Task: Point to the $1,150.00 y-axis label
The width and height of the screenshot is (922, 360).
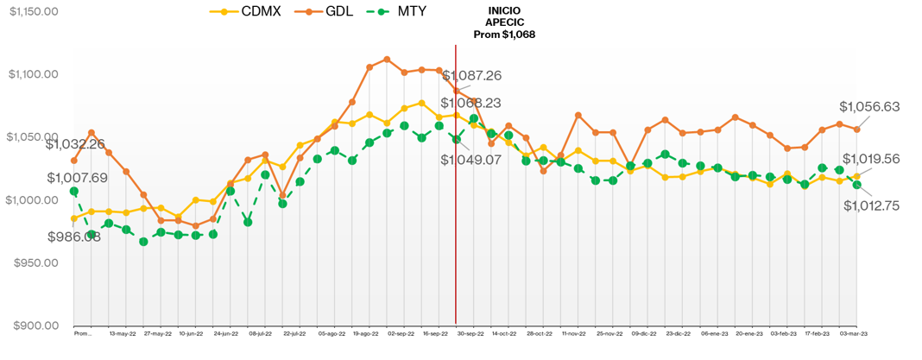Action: (x=33, y=11)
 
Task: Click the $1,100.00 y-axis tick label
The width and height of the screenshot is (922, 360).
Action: (x=33, y=74)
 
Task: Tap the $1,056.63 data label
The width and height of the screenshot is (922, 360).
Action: (x=869, y=107)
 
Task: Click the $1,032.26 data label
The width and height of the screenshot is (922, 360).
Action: (x=76, y=144)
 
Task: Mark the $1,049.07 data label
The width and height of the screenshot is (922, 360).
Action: (x=470, y=160)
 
